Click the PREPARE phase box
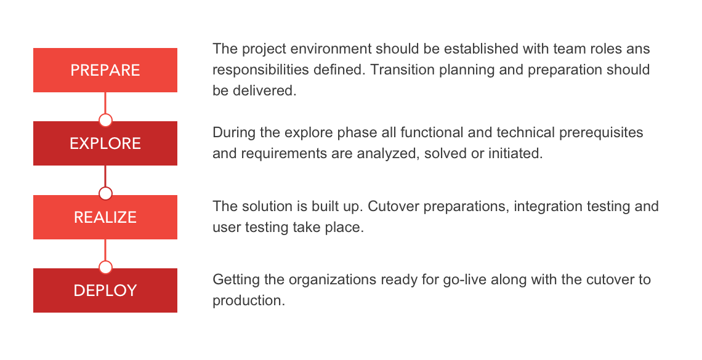pos(105,70)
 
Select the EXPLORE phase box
pos(105,143)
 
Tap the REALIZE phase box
pos(105,217)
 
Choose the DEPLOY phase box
pos(105,290)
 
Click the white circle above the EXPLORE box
pos(105,120)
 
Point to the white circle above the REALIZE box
pos(105,194)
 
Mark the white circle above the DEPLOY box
pos(105,268)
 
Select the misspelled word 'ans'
pos(638,49)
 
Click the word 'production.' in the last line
pos(249,300)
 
